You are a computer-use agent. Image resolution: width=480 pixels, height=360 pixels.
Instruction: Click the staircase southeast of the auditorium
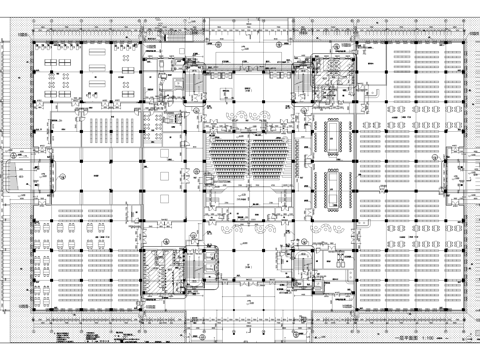[300, 262]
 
